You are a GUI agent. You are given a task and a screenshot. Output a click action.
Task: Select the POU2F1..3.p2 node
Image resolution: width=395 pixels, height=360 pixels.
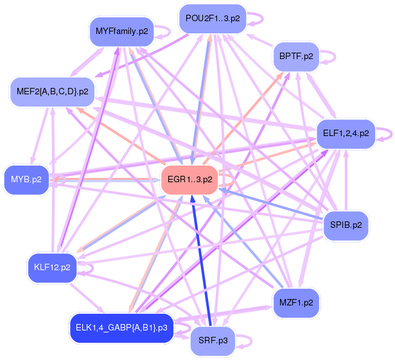[x=212, y=18]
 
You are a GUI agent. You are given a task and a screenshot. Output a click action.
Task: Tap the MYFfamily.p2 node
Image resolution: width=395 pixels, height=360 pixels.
[x=121, y=31]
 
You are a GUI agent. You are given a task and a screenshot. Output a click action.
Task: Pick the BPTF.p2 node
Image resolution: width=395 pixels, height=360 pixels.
[x=296, y=56]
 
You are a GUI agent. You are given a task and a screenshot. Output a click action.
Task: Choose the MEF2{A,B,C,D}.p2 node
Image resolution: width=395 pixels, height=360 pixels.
[x=52, y=92]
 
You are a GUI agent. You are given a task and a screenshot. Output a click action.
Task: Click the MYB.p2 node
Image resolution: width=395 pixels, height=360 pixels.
[x=26, y=180]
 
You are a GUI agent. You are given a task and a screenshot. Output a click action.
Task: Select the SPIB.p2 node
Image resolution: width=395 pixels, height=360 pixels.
[x=346, y=225]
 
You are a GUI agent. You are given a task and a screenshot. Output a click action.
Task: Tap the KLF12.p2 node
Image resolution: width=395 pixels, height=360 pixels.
[x=53, y=266]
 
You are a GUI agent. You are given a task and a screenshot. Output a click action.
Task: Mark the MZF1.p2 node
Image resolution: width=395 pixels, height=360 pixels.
[x=296, y=302]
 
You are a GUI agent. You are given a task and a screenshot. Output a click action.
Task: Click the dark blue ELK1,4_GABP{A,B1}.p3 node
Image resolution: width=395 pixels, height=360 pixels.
[x=121, y=328]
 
